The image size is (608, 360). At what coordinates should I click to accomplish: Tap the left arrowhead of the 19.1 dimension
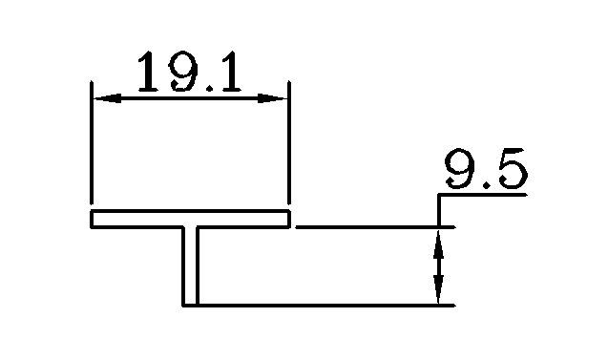(101, 97)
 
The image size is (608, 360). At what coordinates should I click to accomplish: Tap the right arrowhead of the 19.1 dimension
(278, 97)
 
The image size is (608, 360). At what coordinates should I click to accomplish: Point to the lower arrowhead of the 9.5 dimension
(439, 295)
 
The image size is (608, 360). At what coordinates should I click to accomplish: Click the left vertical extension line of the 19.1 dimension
(92, 143)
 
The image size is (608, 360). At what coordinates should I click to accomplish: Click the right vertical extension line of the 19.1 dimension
(288, 143)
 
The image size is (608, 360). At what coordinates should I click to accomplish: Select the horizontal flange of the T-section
(190, 220)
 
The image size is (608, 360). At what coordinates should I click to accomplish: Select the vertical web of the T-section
(190, 267)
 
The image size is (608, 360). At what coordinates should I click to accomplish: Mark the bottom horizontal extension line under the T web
(325, 306)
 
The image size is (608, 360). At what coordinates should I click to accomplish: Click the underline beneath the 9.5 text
(482, 194)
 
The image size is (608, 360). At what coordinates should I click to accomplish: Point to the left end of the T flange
(93, 220)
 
